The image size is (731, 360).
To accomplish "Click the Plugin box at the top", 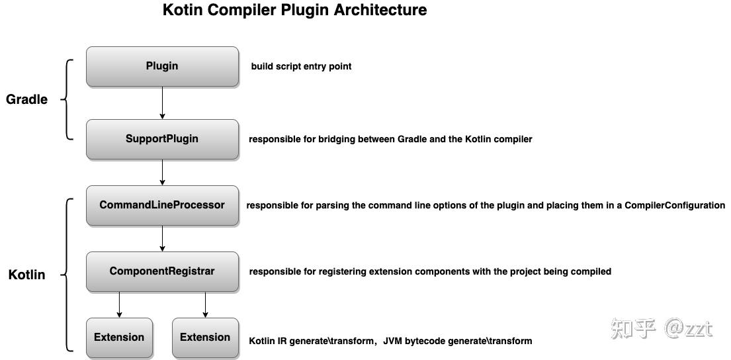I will pyautogui.click(x=162, y=66).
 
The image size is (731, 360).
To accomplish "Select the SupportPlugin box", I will pyautogui.click(x=162, y=139).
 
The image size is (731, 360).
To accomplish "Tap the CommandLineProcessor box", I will pyautogui.click(x=162, y=205).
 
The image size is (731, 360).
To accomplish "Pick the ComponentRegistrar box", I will pyautogui.click(x=162, y=271).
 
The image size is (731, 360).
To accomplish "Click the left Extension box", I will pyautogui.click(x=119, y=337).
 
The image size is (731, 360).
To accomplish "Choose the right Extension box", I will pyautogui.click(x=205, y=337).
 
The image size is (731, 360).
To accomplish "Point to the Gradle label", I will pyautogui.click(x=27, y=100).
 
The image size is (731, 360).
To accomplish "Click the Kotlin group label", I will pyautogui.click(x=26, y=275).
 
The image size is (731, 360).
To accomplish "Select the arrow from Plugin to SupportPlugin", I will pyautogui.click(x=162, y=103).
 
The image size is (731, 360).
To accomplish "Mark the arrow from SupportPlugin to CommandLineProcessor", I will pyautogui.click(x=162, y=172).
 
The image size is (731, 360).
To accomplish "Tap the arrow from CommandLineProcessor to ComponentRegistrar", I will pyautogui.click(x=162, y=238).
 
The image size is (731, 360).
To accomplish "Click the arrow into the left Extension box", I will pyautogui.click(x=119, y=304).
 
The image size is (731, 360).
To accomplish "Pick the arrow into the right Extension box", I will pyautogui.click(x=205, y=304).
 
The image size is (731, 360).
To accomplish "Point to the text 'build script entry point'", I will pyautogui.click(x=301, y=66).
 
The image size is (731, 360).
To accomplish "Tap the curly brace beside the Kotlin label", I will pyautogui.click(x=67, y=274).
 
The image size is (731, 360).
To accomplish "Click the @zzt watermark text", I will pyautogui.click(x=688, y=328).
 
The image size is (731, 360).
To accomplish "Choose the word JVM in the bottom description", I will pyautogui.click(x=394, y=341).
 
